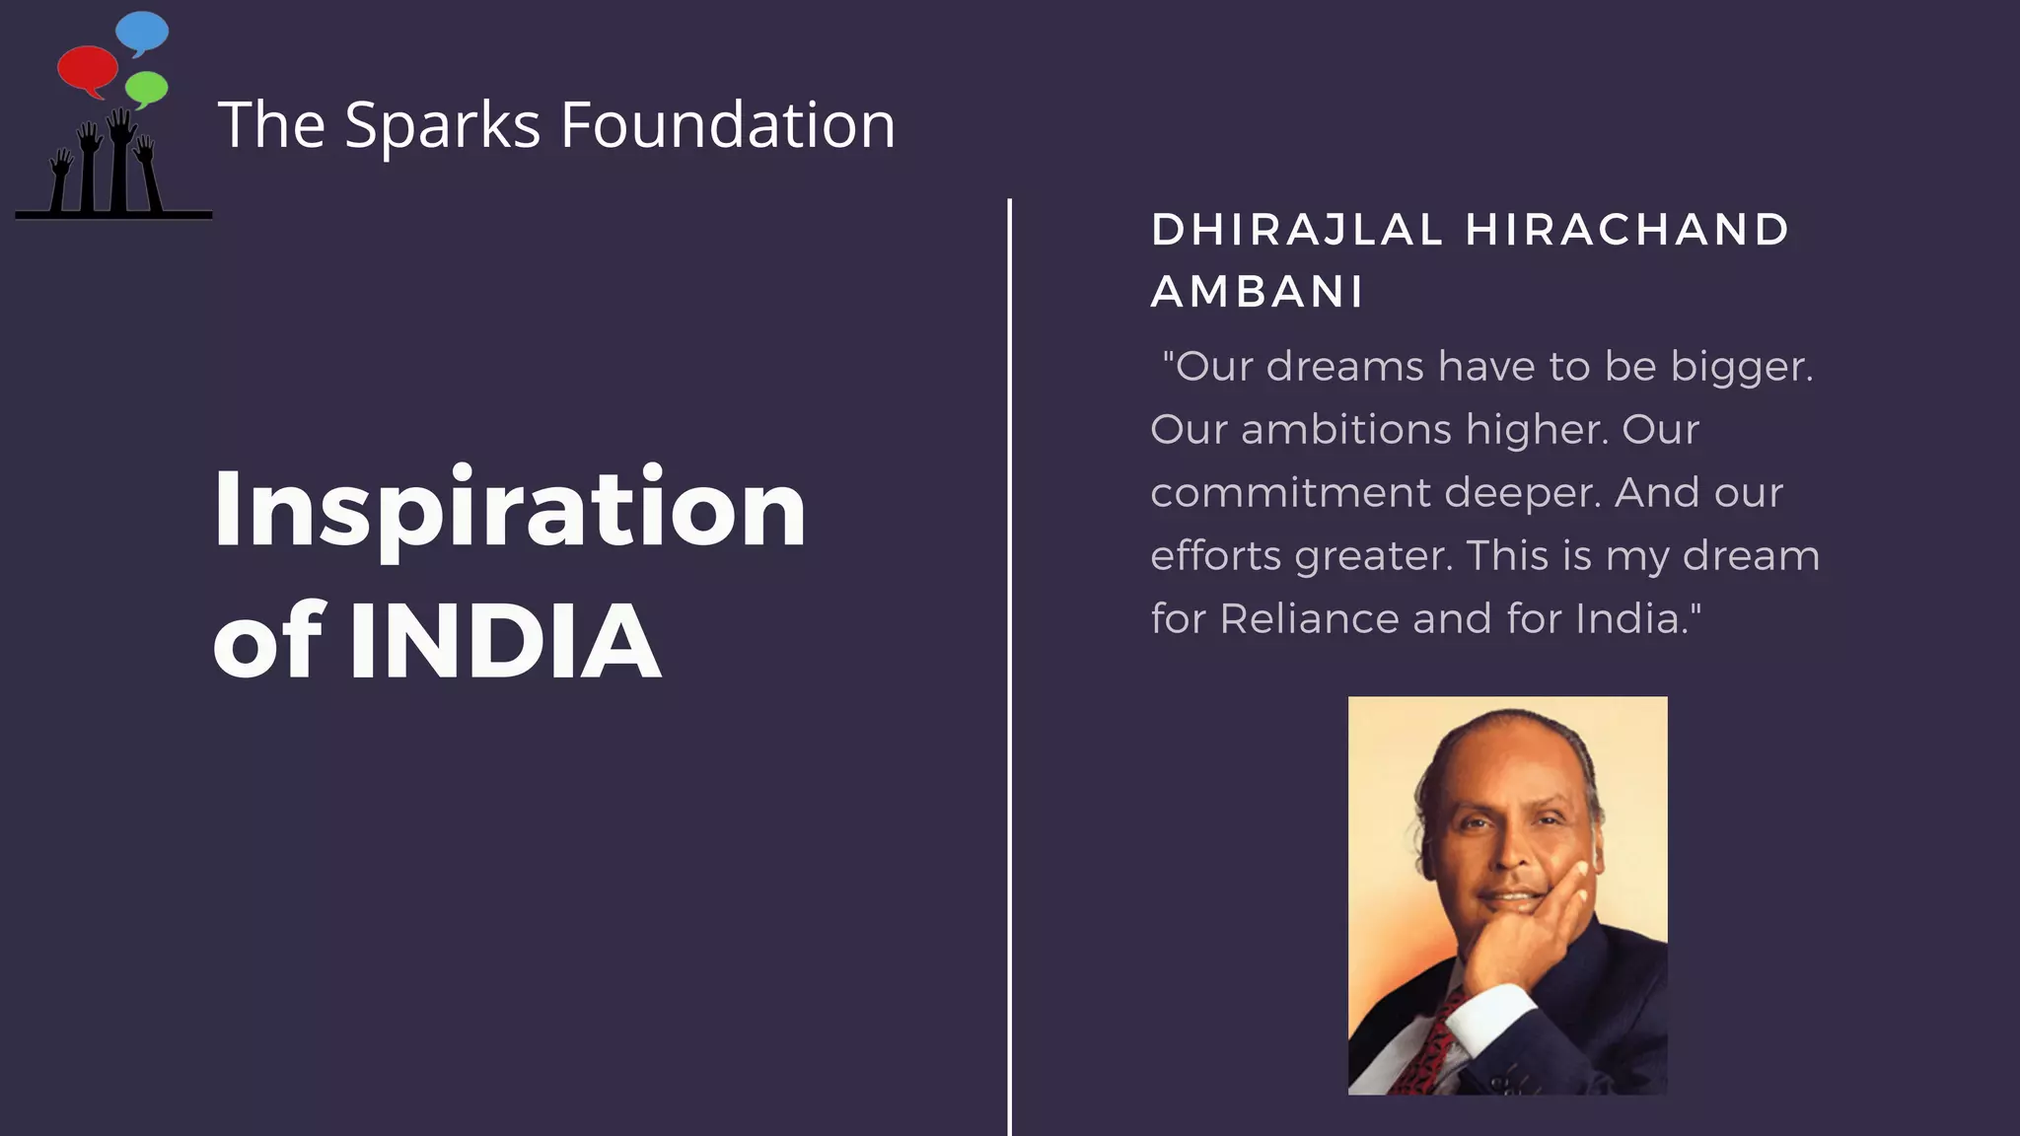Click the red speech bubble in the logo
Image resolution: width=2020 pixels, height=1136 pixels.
coord(87,69)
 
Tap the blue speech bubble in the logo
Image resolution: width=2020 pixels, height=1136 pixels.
coord(142,32)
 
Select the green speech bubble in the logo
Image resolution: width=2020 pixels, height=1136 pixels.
coord(147,88)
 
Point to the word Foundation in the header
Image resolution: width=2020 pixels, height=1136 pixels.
coord(728,125)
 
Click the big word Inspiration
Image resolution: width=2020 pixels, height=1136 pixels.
coord(510,511)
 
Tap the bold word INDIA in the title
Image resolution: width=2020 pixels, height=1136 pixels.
coord(505,642)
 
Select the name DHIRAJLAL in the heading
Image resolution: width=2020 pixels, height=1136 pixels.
coord(1297,230)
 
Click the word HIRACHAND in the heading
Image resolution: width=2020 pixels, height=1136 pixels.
coord(1627,230)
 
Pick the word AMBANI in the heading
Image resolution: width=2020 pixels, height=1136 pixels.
coord(1258,292)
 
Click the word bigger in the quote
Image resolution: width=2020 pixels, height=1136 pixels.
coord(1742,368)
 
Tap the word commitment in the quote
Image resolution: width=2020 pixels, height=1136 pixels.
coord(1290,493)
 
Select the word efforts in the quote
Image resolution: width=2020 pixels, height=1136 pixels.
coord(1216,556)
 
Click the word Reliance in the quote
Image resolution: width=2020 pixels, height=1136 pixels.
coord(1310,619)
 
